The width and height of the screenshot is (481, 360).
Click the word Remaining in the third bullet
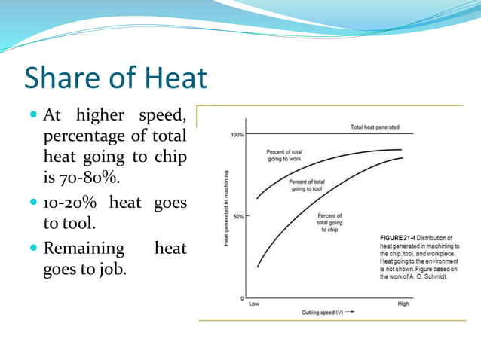click(x=84, y=248)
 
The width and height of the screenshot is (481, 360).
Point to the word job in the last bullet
click(x=110, y=270)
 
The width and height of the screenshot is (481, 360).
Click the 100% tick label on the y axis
click(x=236, y=135)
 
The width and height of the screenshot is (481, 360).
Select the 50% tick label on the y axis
click(x=237, y=216)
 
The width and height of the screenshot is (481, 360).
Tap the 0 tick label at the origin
click(x=241, y=298)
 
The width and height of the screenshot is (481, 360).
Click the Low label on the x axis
click(x=253, y=304)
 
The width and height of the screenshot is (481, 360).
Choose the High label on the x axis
click(x=403, y=304)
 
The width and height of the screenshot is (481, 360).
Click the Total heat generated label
click(x=375, y=127)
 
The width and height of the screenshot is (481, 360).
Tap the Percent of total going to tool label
click(x=308, y=185)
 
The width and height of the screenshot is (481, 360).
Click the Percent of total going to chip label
click(x=329, y=223)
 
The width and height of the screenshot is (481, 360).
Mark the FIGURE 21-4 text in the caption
click(x=395, y=239)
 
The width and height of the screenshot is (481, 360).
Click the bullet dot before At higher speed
click(x=32, y=116)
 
